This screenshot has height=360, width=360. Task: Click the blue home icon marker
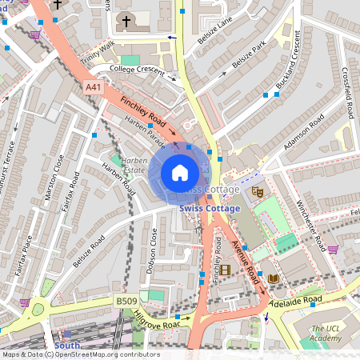click(180, 172)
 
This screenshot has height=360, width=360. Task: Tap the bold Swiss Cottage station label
click(210, 208)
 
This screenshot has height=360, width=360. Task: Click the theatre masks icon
click(258, 192)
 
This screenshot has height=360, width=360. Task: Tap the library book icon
click(274, 278)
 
